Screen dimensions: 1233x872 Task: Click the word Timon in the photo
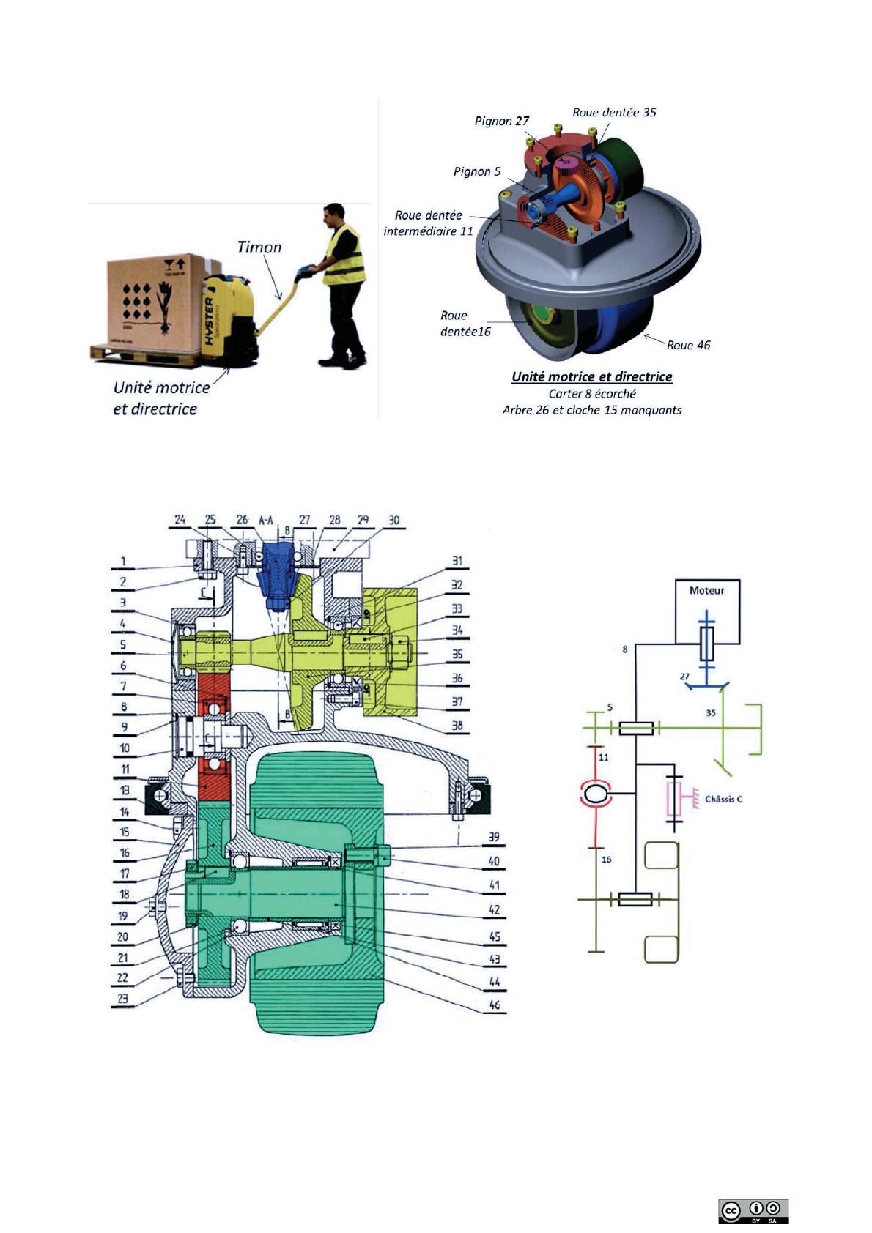(259, 247)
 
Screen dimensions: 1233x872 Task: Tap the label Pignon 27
(502, 121)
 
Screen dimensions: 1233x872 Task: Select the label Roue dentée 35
(614, 113)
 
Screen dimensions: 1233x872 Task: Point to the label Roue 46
(688, 345)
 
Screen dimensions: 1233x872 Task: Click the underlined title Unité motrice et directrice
(591, 377)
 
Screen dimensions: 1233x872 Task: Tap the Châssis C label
(723, 799)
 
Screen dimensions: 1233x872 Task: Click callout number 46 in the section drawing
(495, 1005)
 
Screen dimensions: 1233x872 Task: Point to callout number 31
(457, 562)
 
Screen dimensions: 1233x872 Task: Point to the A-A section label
(266, 520)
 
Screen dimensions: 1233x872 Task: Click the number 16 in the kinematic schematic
(606, 860)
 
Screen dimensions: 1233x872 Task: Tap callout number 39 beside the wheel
(495, 838)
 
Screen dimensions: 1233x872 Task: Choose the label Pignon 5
(477, 172)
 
